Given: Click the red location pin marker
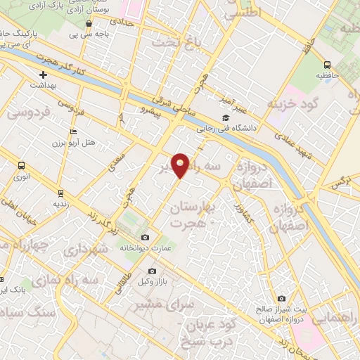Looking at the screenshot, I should pyautogui.click(x=181, y=165).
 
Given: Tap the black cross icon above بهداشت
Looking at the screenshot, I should pyautogui.click(x=43, y=74).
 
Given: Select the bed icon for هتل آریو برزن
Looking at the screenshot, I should pyautogui.click(x=74, y=131).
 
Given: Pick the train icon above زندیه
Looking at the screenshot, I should pyautogui.click(x=60, y=192).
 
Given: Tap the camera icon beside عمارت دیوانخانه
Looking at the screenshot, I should pyautogui.click(x=146, y=237).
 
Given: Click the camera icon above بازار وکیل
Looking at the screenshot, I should pyautogui.click(x=151, y=271).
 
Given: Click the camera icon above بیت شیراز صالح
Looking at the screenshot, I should pyautogui.click(x=282, y=298).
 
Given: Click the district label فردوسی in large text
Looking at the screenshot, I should pyautogui.click(x=28, y=111).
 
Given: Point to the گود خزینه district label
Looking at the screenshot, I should pyautogui.click(x=293, y=103).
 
